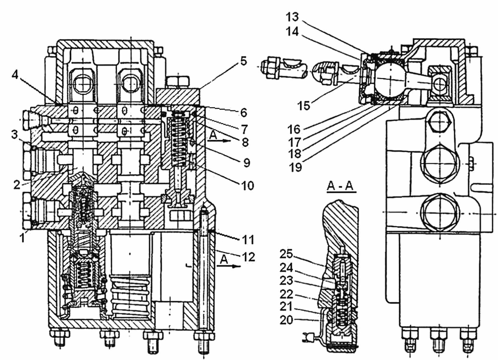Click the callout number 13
pyautogui.click(x=292, y=17)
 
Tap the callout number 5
pyautogui.click(x=244, y=61)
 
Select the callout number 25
pyautogui.click(x=286, y=254)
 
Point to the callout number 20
pyautogui.click(x=286, y=320)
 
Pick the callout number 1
pyautogui.click(x=22, y=238)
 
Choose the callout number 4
pyautogui.click(x=15, y=75)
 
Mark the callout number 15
pyautogui.click(x=304, y=105)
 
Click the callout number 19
pyautogui.click(x=295, y=167)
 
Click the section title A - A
pyautogui.click(x=342, y=186)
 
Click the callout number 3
pyautogui.click(x=14, y=134)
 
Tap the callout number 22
pyautogui.click(x=286, y=294)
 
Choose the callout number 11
pyautogui.click(x=248, y=240)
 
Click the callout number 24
pyautogui.click(x=286, y=268)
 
